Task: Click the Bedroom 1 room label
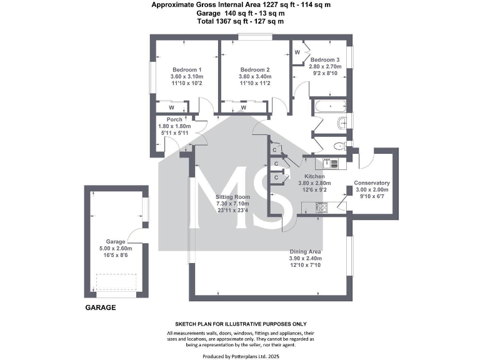pos(187,69)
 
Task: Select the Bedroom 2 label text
pos(255,69)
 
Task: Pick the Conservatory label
pos(372,184)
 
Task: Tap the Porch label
pos(174,120)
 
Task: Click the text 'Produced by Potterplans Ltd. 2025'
pos(241,355)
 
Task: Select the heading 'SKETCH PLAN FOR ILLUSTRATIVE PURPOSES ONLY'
pos(241,324)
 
